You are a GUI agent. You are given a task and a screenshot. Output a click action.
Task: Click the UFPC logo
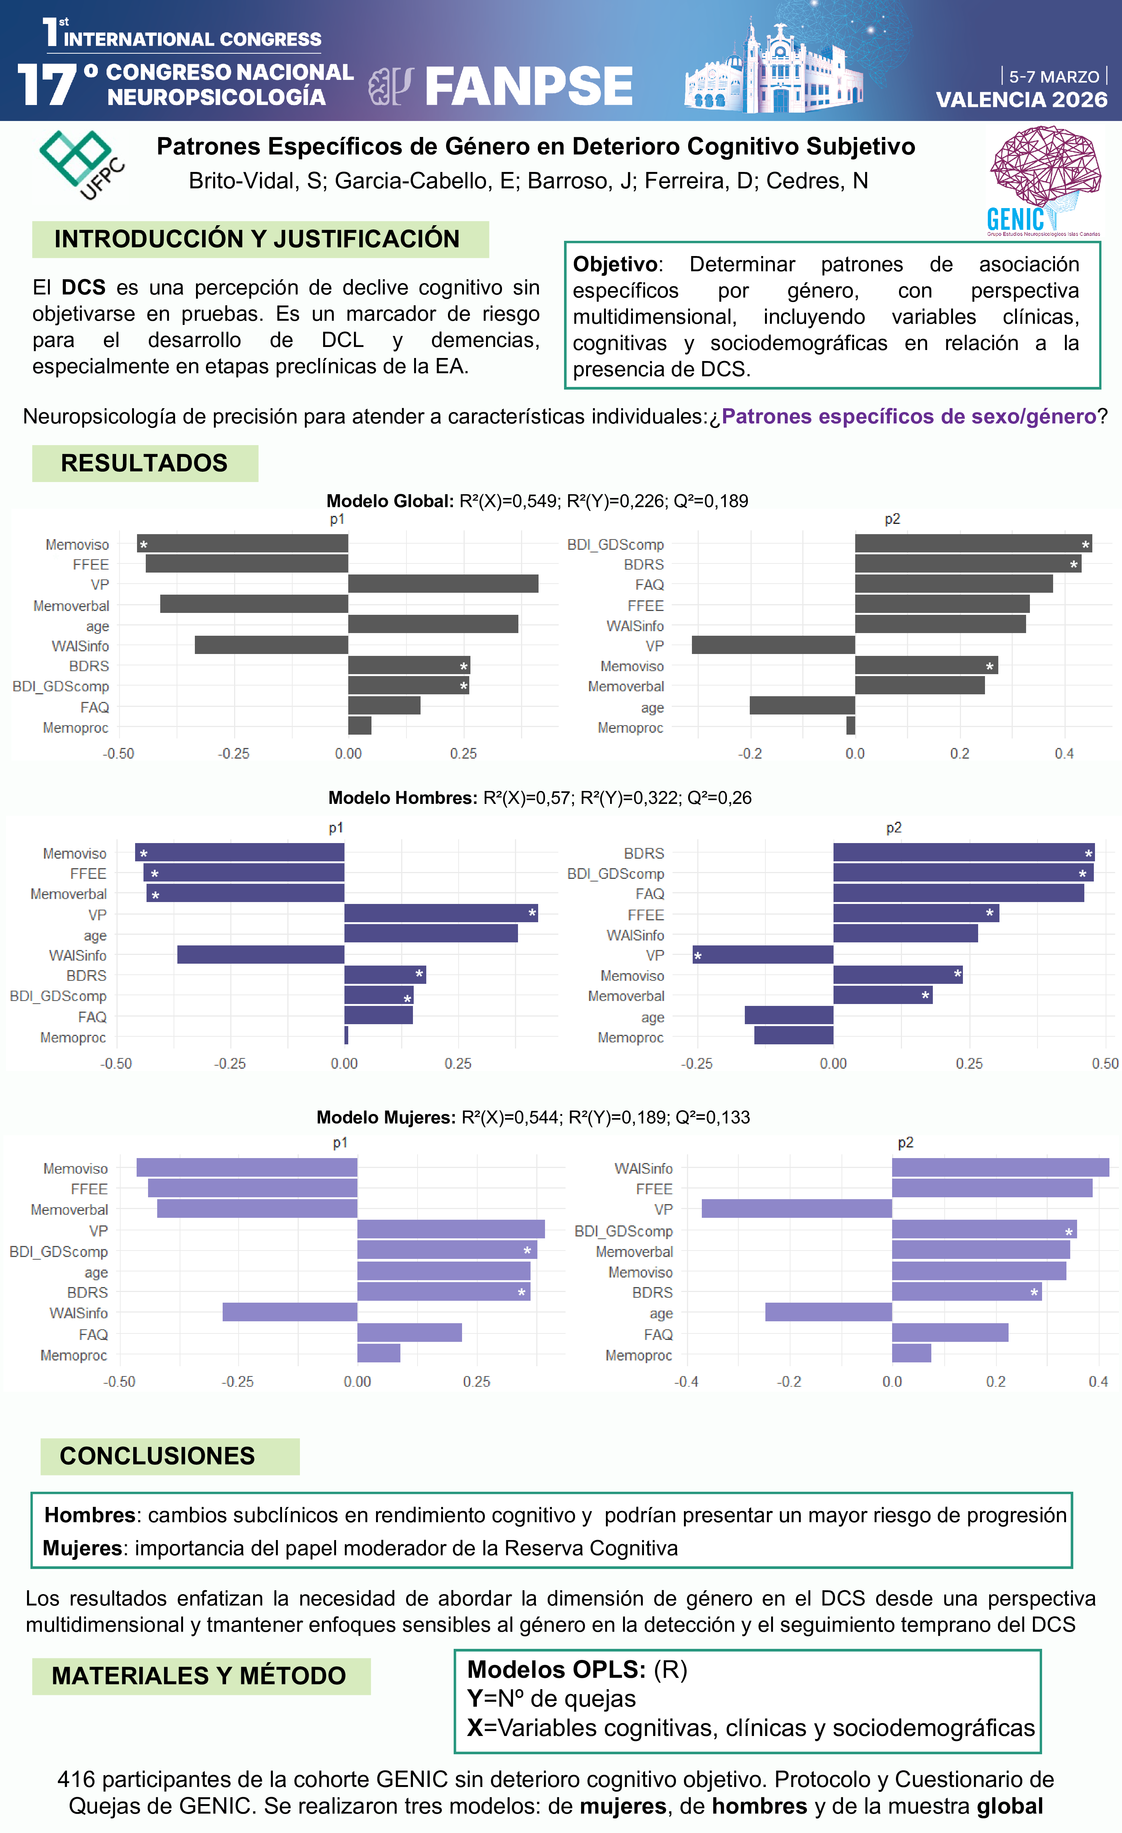click(x=80, y=164)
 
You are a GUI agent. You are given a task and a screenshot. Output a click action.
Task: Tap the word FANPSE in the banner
click(x=528, y=86)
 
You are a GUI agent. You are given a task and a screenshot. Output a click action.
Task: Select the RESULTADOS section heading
click(x=144, y=463)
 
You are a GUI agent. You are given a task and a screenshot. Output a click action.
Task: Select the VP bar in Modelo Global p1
click(x=443, y=584)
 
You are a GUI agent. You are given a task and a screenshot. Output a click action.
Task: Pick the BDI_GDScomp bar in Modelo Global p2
click(x=972, y=544)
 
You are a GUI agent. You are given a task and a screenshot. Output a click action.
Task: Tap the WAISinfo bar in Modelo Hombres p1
click(x=260, y=955)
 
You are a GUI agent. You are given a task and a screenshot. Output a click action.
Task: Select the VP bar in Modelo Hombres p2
click(x=763, y=955)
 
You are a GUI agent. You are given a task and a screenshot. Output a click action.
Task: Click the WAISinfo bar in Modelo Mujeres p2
click(x=1000, y=1168)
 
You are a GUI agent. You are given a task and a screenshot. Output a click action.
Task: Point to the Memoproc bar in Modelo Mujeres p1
click(x=379, y=1353)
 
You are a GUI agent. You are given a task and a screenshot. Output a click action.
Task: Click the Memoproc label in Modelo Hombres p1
click(x=73, y=1037)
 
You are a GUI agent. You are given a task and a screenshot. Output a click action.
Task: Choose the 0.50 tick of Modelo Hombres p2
click(x=1105, y=1064)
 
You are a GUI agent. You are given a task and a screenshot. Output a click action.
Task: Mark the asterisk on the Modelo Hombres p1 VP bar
click(x=532, y=913)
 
